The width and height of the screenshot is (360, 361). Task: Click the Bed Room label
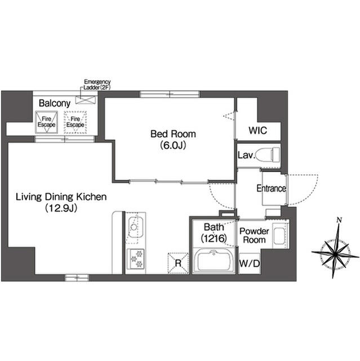pos(173,134)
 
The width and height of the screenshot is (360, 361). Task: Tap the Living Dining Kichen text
pos(61,197)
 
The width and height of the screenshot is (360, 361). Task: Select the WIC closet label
pos(257,130)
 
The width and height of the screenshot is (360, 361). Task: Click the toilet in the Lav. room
pos(268,154)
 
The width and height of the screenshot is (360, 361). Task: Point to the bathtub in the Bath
pos(214,260)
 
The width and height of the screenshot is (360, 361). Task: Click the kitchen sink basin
pos(135,227)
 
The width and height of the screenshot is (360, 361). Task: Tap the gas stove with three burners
pos(136,259)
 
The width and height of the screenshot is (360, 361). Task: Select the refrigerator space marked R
pos(178,263)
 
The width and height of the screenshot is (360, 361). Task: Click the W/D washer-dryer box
pos(250,263)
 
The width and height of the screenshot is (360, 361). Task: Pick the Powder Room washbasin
pos(280,236)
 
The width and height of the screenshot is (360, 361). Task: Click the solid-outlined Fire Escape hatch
pos(46,122)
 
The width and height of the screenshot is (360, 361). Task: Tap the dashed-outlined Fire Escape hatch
pos(75,122)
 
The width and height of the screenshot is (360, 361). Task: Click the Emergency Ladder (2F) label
pos(97,85)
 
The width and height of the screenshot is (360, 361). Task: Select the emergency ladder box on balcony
pos(86,100)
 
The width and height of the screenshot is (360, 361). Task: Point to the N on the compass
pos(339,220)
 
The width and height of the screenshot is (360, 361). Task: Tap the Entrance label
pos(272,188)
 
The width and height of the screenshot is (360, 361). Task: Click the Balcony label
pos(55,103)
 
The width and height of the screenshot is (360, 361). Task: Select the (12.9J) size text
pos(61,208)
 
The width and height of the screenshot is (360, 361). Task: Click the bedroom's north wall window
pos(170,94)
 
